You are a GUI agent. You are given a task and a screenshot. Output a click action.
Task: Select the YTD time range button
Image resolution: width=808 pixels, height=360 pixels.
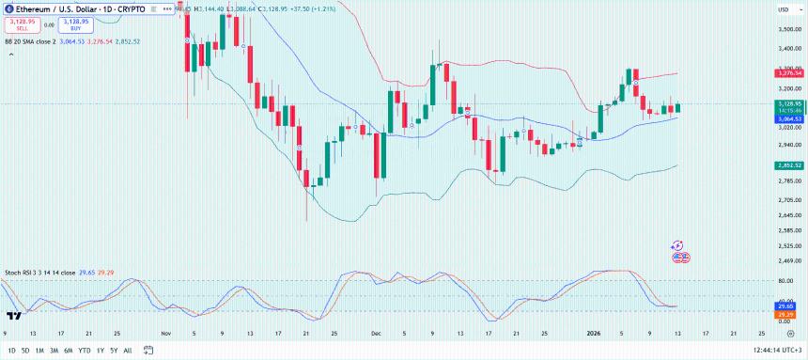pos(84,350)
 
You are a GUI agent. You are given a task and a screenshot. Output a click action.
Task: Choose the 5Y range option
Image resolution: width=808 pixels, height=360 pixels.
pos(113,350)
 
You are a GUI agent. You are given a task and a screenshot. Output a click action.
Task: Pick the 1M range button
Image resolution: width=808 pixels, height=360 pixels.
pos(39,350)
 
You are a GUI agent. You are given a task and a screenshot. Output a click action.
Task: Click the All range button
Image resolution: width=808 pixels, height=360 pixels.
pos(127,350)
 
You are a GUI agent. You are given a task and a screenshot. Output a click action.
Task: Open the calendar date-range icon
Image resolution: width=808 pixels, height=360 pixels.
pos(148,350)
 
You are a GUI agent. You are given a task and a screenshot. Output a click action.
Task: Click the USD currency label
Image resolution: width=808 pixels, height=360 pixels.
pos(782,9)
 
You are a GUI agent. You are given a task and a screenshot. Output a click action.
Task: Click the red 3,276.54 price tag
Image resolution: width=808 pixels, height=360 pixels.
pos(788,72)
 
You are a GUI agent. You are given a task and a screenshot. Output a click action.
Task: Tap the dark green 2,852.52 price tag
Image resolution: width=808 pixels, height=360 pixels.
pos(788,164)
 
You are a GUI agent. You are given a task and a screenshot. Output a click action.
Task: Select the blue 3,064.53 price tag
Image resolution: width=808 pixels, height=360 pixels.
pos(788,119)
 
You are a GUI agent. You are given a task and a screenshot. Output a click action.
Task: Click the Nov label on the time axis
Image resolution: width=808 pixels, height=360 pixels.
pos(165,333)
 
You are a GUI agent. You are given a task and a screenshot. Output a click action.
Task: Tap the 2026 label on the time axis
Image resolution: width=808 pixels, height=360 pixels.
pos(593,333)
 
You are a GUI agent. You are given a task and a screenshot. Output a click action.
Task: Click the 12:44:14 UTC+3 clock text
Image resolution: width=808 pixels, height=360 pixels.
pos(766,350)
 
